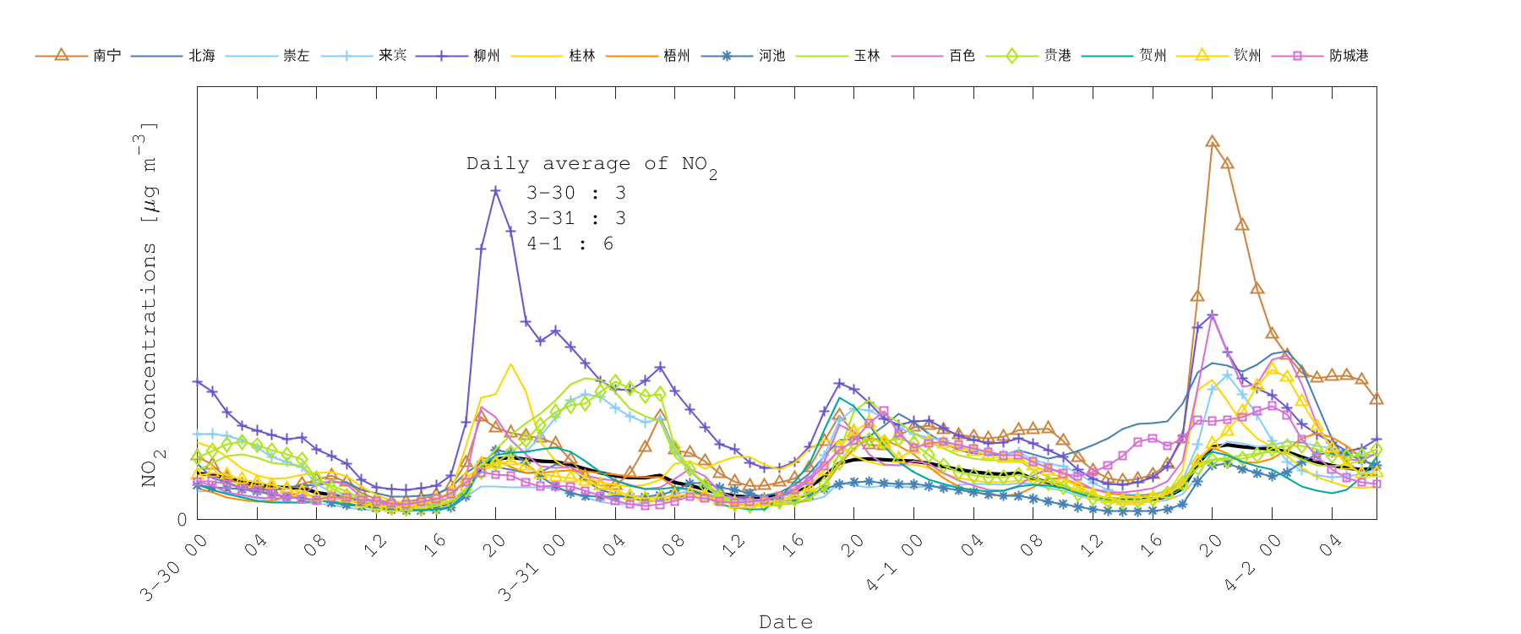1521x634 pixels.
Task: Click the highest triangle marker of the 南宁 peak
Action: point(1212,142)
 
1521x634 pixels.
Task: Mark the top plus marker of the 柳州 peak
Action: point(495,191)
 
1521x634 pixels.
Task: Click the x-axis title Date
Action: point(786,622)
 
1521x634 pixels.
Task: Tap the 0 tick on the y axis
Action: point(182,519)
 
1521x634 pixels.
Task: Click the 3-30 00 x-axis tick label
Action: point(174,569)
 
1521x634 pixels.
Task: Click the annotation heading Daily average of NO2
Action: point(591,165)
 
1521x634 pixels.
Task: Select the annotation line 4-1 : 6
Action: point(570,243)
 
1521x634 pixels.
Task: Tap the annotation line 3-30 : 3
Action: point(575,193)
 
